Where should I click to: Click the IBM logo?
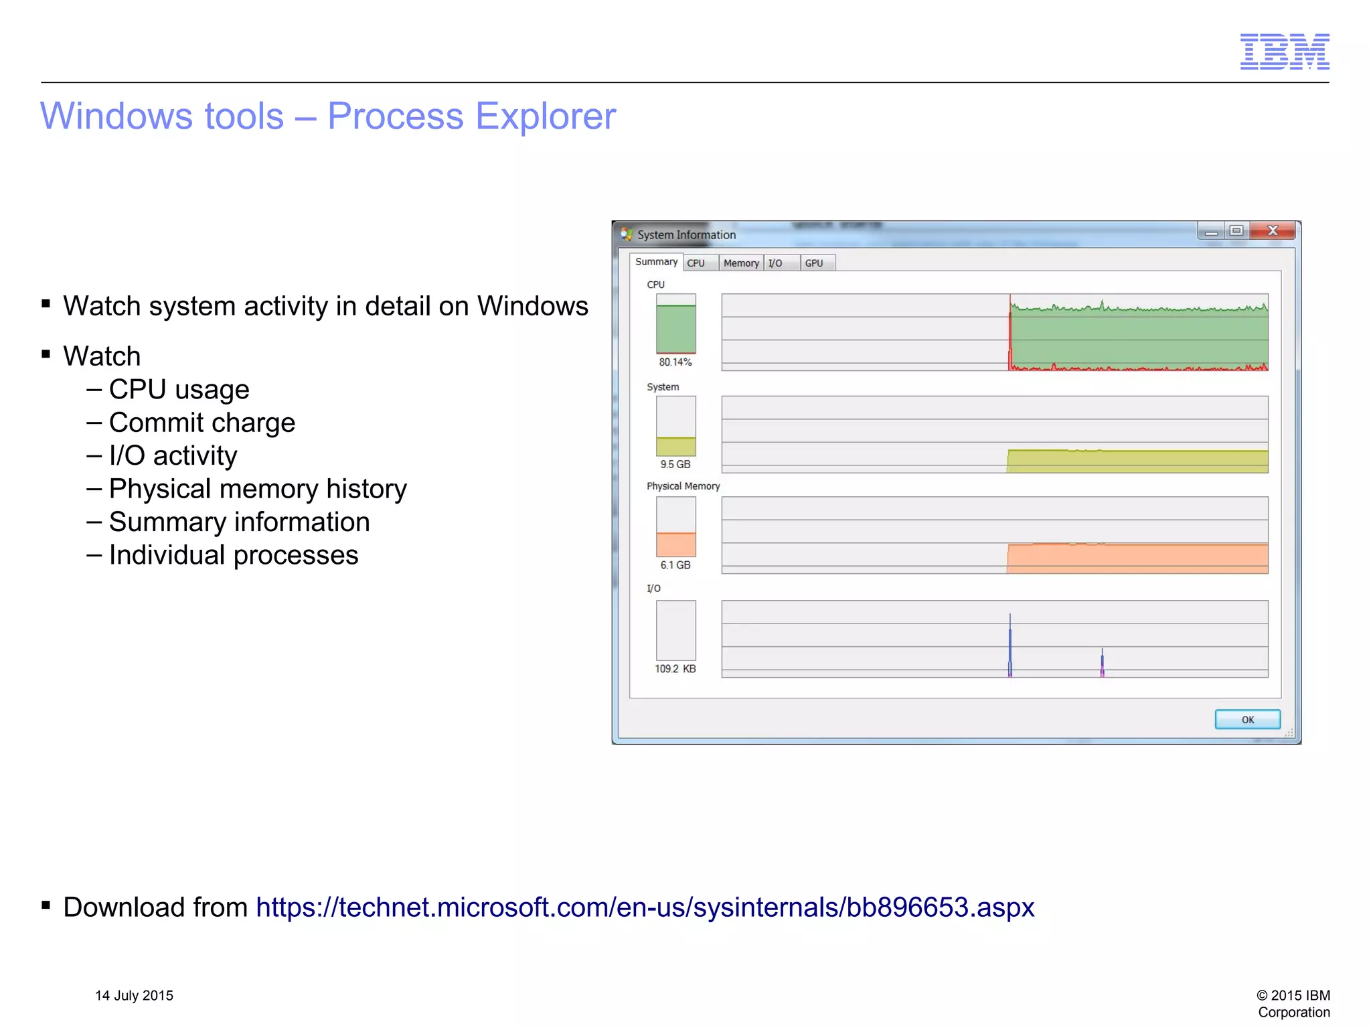click(1284, 52)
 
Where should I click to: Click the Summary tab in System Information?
click(655, 262)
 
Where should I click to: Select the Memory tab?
click(741, 263)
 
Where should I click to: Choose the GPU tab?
click(814, 263)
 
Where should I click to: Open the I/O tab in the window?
click(775, 263)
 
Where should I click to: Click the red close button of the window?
click(1273, 230)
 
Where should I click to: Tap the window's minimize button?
click(1211, 231)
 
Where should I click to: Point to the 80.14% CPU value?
click(675, 362)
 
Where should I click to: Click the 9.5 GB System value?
click(675, 464)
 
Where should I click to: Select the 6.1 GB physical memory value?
click(675, 565)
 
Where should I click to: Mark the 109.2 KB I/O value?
click(675, 669)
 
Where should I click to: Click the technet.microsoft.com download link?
click(645, 907)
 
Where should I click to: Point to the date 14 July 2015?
click(134, 995)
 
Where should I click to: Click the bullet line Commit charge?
click(201, 423)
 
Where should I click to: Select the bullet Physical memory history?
click(257, 489)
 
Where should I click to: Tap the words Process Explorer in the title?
click(471, 116)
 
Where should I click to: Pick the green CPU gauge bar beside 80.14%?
click(675, 329)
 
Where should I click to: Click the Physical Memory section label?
click(683, 486)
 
